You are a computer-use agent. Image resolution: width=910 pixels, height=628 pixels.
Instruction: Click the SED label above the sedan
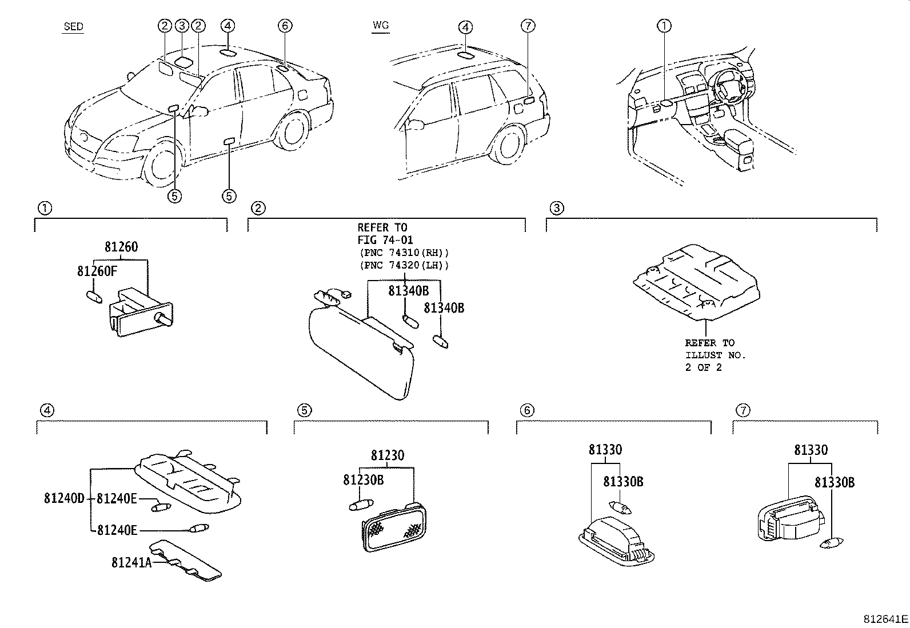click(74, 26)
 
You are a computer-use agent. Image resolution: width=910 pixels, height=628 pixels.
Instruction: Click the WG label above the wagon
click(381, 25)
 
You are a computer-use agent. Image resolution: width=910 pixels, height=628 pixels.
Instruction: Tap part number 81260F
click(97, 271)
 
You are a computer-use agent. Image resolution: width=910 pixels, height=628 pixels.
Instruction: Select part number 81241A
click(131, 563)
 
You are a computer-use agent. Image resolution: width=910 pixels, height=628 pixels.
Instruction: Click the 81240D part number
click(64, 498)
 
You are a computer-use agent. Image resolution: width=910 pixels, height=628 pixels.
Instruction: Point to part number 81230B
click(363, 480)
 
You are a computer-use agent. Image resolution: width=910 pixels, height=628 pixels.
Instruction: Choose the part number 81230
click(387, 455)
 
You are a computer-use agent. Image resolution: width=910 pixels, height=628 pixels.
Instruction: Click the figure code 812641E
click(885, 619)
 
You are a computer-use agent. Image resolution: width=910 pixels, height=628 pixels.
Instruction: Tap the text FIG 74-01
click(385, 239)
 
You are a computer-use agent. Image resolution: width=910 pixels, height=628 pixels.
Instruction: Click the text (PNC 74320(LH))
click(404, 265)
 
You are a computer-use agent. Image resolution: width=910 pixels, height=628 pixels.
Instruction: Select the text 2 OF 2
click(703, 367)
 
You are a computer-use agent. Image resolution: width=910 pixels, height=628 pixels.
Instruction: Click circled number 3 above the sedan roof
click(182, 26)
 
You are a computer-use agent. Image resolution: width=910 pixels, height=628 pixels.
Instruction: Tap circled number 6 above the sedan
click(285, 26)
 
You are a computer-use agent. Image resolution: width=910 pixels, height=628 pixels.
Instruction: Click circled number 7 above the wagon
click(528, 26)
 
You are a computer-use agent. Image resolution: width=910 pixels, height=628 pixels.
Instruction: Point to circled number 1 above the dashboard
click(664, 26)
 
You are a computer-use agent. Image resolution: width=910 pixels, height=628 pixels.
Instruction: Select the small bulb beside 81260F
click(95, 297)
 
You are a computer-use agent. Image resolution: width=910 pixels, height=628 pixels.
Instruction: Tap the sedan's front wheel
click(162, 165)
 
